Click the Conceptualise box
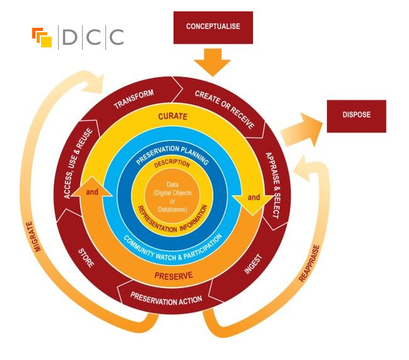213,27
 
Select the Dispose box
356,116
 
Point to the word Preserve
174,275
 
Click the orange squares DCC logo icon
42,37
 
